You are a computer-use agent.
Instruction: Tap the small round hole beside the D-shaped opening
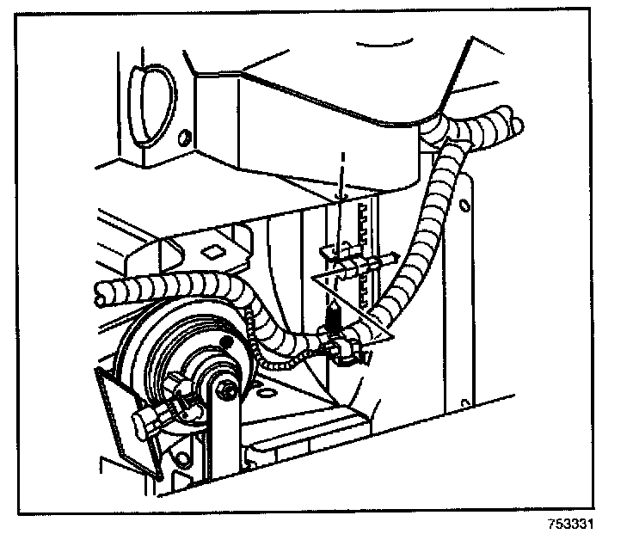[x=183, y=137]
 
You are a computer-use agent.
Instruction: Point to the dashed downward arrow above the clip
[x=342, y=176]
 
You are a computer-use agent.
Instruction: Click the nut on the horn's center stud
[x=226, y=390]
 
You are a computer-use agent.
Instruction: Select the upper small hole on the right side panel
[x=465, y=206]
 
